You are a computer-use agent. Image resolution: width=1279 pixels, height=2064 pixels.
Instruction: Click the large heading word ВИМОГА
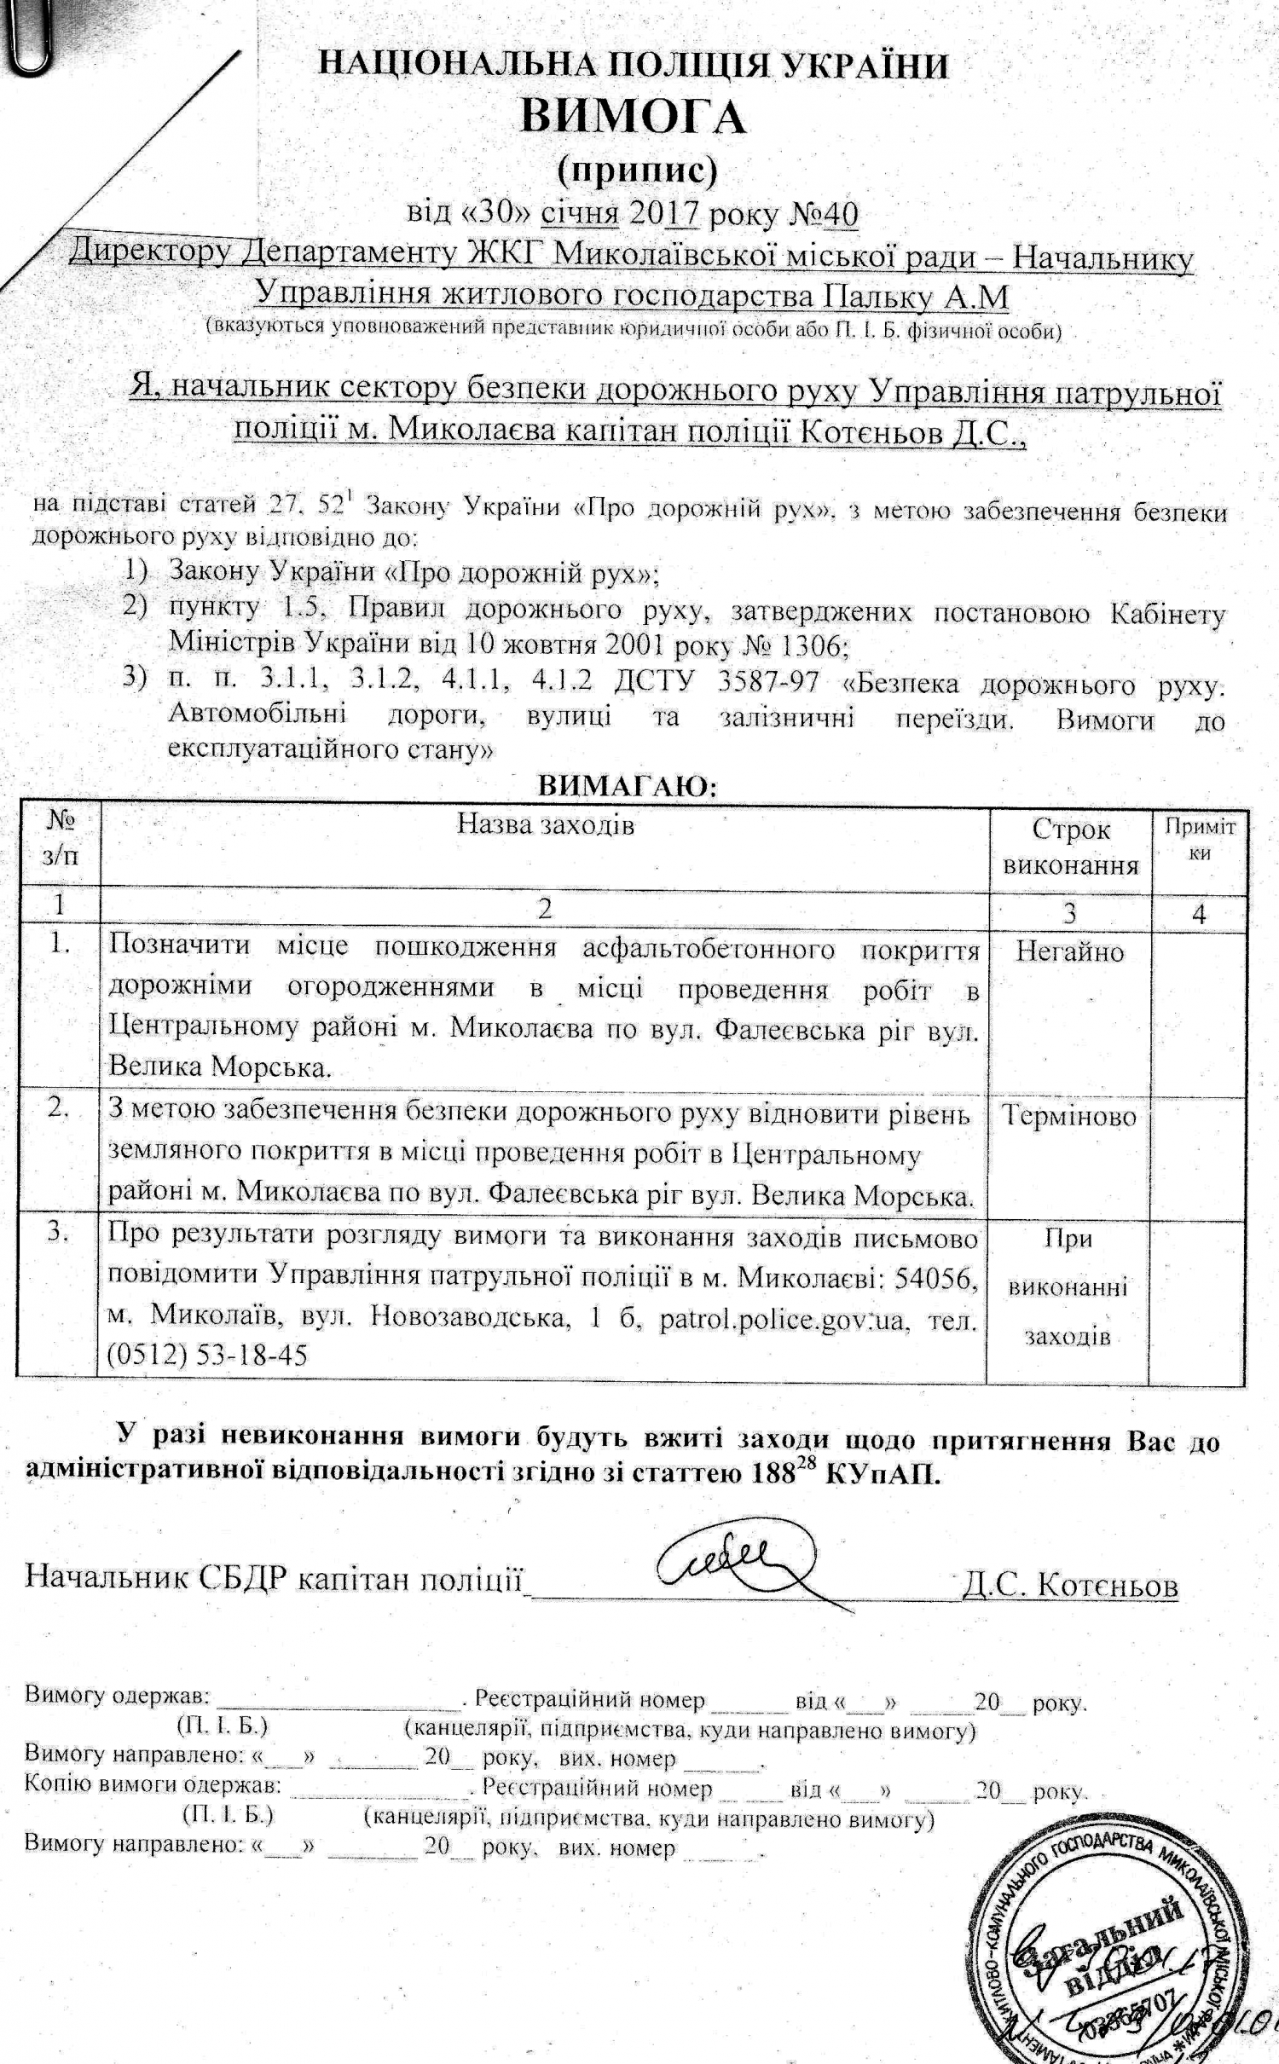(633, 118)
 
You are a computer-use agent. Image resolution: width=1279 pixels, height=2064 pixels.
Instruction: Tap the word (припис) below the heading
(637, 171)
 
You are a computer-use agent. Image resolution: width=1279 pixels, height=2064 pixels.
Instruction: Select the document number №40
(825, 214)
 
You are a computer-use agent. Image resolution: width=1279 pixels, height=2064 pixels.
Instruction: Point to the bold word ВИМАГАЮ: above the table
(627, 786)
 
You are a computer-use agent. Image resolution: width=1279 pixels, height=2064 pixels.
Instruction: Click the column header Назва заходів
(545, 824)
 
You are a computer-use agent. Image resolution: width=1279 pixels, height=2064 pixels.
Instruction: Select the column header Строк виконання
(1070, 847)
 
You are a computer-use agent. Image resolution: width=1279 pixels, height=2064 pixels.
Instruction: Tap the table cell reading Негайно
(1069, 951)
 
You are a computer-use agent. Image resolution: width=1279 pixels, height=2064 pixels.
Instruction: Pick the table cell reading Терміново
(1068, 1116)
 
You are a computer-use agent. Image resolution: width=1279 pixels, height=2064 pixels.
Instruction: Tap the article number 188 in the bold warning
(771, 1474)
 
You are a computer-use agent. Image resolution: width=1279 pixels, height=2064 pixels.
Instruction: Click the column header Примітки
(1200, 839)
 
